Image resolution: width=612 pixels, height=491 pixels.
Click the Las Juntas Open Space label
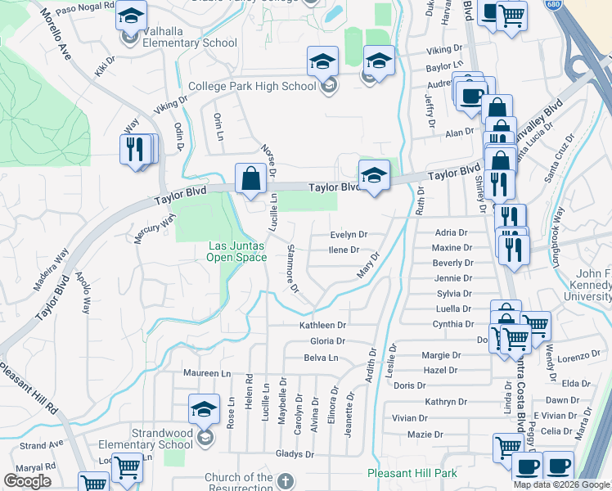coord(237,251)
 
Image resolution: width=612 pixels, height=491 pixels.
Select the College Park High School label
coord(252,86)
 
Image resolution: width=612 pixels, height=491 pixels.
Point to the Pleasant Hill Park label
coord(412,473)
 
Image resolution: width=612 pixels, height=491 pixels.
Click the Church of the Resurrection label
coord(239,483)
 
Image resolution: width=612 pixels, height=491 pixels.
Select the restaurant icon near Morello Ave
coord(136,151)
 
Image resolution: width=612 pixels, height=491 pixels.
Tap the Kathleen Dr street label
coord(323,325)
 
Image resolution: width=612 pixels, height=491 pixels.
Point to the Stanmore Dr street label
coord(292,268)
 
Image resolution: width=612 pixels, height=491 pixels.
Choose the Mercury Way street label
coord(155,229)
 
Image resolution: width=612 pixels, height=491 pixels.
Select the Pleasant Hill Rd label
coord(30,388)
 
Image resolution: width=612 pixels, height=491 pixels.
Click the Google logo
coord(27,481)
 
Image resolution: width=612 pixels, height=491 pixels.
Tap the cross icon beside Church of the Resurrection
coord(285,480)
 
